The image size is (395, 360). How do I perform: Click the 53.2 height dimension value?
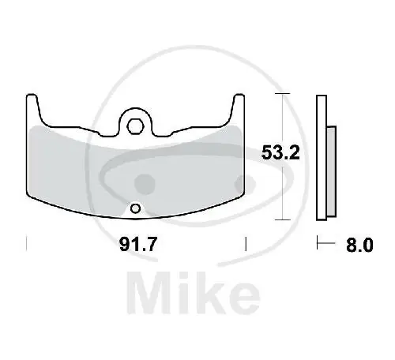280,152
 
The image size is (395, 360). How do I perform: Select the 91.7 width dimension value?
138,244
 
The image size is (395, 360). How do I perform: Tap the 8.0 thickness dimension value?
359,245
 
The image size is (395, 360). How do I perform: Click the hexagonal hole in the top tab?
135,127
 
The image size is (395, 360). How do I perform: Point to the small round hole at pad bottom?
136,209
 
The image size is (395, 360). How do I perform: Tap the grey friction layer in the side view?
331,171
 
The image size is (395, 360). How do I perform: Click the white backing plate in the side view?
322,158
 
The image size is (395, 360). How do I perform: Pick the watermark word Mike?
194,293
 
